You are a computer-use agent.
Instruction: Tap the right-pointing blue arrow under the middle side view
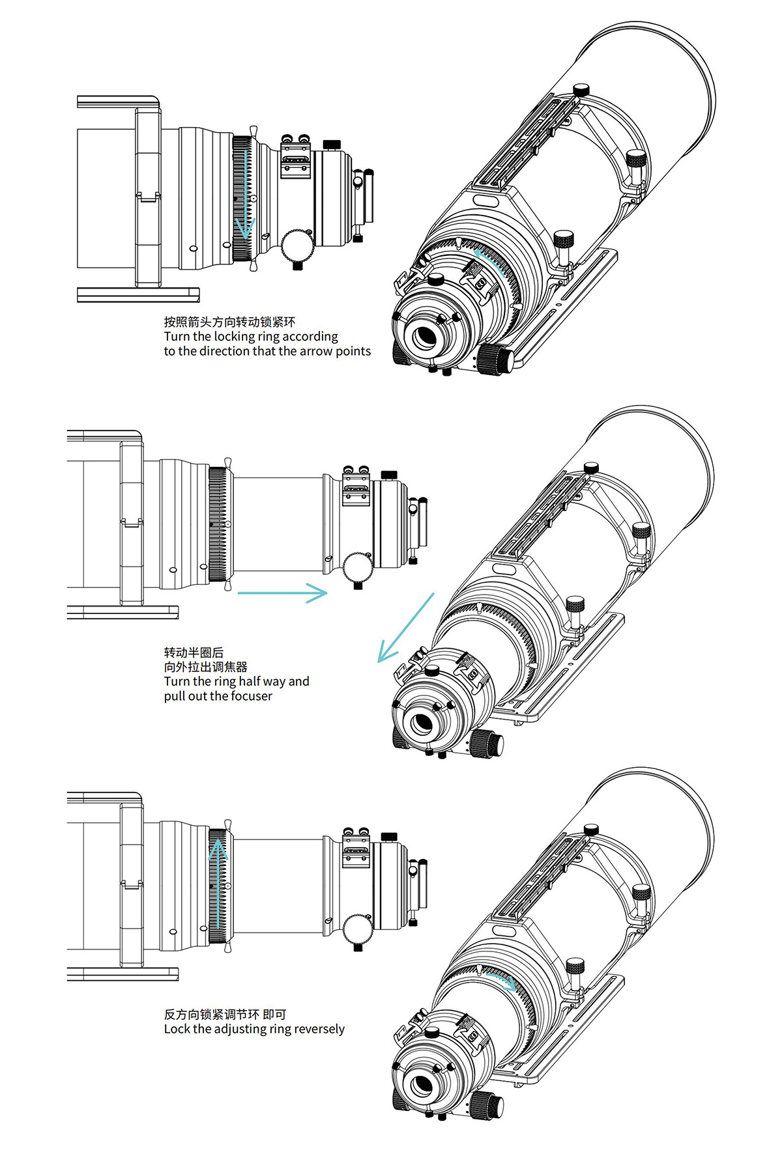282,593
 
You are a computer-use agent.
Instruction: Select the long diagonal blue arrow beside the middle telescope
405,628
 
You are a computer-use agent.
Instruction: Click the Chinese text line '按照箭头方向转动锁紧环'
229,322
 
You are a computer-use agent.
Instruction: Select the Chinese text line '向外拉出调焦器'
206,667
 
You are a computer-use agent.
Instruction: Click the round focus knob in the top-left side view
298,245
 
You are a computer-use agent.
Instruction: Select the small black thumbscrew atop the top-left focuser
332,144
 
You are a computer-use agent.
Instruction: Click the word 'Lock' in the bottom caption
177,1029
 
